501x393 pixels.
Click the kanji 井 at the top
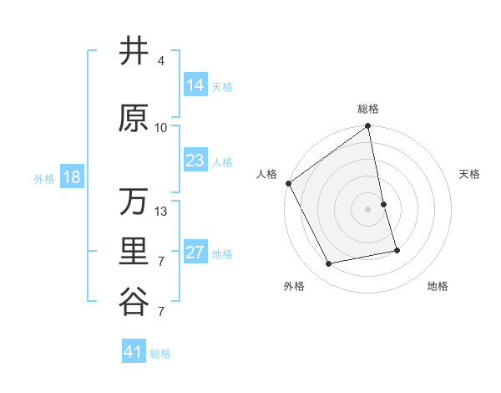(134, 51)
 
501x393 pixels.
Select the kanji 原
(134, 118)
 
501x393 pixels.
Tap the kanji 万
(134, 202)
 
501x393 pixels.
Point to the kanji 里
(134, 252)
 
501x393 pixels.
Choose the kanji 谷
(134, 301)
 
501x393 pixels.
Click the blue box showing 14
(195, 85)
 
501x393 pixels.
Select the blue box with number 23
(195, 161)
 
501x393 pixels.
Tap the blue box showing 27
(195, 253)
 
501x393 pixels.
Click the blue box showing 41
(134, 352)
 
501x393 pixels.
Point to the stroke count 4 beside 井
(161, 61)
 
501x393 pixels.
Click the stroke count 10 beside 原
(161, 128)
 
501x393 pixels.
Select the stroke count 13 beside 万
(161, 212)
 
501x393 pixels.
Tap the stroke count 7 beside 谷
(161, 312)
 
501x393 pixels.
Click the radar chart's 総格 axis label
(368, 109)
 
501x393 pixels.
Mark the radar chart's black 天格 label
(470, 174)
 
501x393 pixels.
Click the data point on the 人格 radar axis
(288, 183)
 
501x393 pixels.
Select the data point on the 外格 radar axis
(329, 263)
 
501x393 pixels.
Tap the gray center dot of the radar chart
(368, 208)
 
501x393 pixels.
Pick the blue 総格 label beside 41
(161, 354)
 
